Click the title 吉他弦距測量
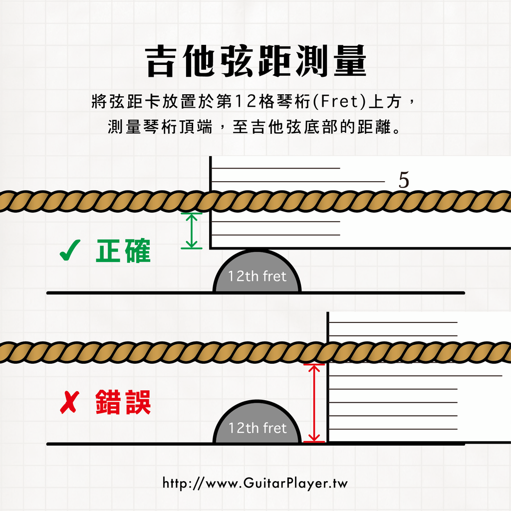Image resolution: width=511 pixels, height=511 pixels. click(x=255, y=62)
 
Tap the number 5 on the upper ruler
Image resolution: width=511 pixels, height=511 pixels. click(x=404, y=181)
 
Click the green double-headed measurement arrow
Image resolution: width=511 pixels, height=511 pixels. click(x=192, y=230)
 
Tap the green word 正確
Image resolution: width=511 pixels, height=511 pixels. click(x=123, y=253)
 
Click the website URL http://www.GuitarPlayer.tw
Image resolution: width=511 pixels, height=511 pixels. click(x=255, y=483)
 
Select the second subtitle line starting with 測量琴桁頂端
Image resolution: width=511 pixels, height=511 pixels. click(x=255, y=127)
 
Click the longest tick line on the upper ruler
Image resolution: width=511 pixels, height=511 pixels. click(x=299, y=182)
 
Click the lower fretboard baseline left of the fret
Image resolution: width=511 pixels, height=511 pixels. click(x=130, y=444)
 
